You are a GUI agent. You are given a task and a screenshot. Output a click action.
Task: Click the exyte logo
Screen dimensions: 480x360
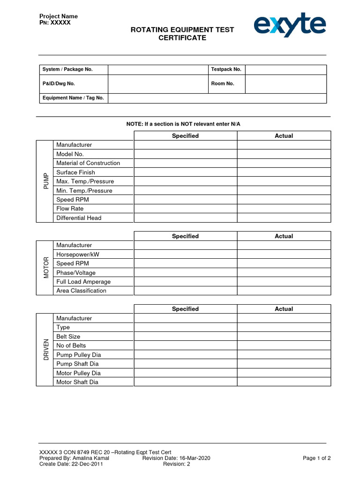[x=290, y=25]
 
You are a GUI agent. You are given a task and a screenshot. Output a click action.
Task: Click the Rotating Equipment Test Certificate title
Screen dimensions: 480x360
[x=182, y=34]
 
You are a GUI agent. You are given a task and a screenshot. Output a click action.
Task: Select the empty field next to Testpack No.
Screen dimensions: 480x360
[x=285, y=69]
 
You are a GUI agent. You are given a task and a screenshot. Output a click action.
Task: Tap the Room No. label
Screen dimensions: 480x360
[x=223, y=84]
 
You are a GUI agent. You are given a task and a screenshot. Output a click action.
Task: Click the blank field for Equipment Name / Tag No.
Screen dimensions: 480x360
[x=217, y=98]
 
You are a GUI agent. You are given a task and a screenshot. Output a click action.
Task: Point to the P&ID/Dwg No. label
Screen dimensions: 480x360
[x=59, y=84]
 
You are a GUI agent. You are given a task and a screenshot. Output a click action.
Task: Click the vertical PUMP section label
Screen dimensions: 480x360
[x=45, y=181]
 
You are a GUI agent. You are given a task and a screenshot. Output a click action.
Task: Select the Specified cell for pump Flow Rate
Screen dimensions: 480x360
[x=185, y=209]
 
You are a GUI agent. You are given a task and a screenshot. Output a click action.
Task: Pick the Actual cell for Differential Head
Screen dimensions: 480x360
[x=284, y=218]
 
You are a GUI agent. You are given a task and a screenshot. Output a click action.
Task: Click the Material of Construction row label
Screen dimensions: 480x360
[x=88, y=163]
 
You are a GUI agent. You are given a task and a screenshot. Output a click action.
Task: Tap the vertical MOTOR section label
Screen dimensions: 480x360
[x=45, y=268]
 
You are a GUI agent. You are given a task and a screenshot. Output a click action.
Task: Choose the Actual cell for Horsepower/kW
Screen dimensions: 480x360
[x=284, y=255]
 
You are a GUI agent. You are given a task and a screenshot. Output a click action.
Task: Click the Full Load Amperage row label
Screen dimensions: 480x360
[x=83, y=282]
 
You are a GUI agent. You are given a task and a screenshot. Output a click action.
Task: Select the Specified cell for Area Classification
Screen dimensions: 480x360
[x=185, y=291]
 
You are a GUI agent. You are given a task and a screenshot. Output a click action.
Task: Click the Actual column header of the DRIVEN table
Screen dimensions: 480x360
[x=284, y=309]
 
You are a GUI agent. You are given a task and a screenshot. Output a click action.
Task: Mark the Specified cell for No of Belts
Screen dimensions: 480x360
[x=185, y=345]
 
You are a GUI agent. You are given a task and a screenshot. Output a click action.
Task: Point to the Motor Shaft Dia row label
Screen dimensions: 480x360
[x=77, y=382]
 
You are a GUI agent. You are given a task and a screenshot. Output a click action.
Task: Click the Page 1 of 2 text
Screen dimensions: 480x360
[x=317, y=458]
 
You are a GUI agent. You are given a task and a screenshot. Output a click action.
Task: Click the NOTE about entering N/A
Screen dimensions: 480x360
[x=183, y=124]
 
